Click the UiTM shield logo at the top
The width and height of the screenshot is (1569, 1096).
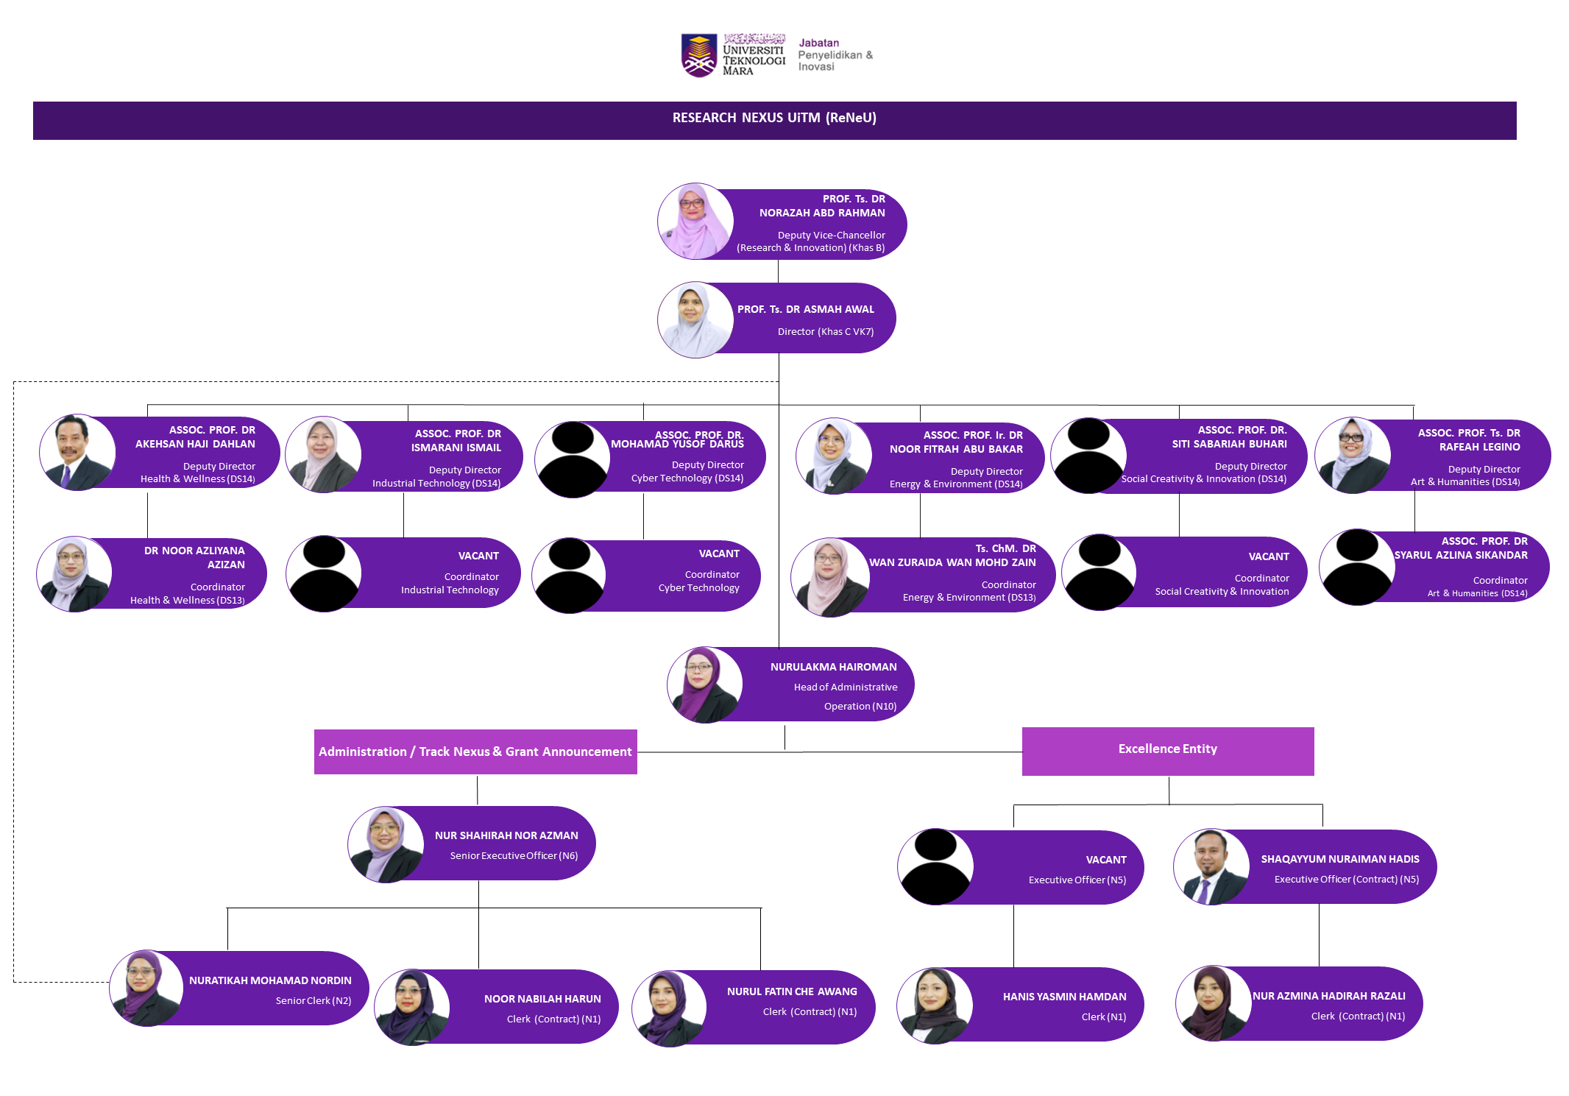click(698, 55)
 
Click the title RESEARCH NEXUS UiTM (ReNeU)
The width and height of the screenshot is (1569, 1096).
click(774, 118)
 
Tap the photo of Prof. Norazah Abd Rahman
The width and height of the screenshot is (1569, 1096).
click(695, 221)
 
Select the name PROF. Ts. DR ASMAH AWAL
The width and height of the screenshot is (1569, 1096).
click(806, 309)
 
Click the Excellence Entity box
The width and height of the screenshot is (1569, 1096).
click(1168, 751)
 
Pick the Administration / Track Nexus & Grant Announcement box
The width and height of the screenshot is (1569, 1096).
click(475, 752)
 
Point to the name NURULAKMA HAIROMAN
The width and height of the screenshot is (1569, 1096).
click(834, 667)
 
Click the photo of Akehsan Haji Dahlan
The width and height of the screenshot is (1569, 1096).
click(77, 452)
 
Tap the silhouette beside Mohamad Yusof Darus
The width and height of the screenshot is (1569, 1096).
click(573, 459)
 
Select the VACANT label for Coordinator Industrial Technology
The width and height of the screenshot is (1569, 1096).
click(478, 556)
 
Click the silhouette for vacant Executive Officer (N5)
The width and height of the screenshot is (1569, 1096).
click(935, 866)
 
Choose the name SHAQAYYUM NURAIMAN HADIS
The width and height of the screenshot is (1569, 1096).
click(1340, 859)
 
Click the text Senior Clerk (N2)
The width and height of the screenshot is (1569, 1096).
click(314, 1000)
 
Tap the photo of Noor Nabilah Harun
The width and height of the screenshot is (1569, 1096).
click(412, 1007)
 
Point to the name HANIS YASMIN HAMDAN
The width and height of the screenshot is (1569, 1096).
click(1064, 997)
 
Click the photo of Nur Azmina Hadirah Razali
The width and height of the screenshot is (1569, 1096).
click(1214, 1003)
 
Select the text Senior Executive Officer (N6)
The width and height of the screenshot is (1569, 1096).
click(514, 855)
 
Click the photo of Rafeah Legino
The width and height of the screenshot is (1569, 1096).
click(1353, 455)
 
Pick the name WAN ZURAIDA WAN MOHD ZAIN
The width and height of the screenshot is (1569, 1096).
click(952, 562)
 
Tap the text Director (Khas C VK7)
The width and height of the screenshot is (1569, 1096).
click(826, 331)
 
